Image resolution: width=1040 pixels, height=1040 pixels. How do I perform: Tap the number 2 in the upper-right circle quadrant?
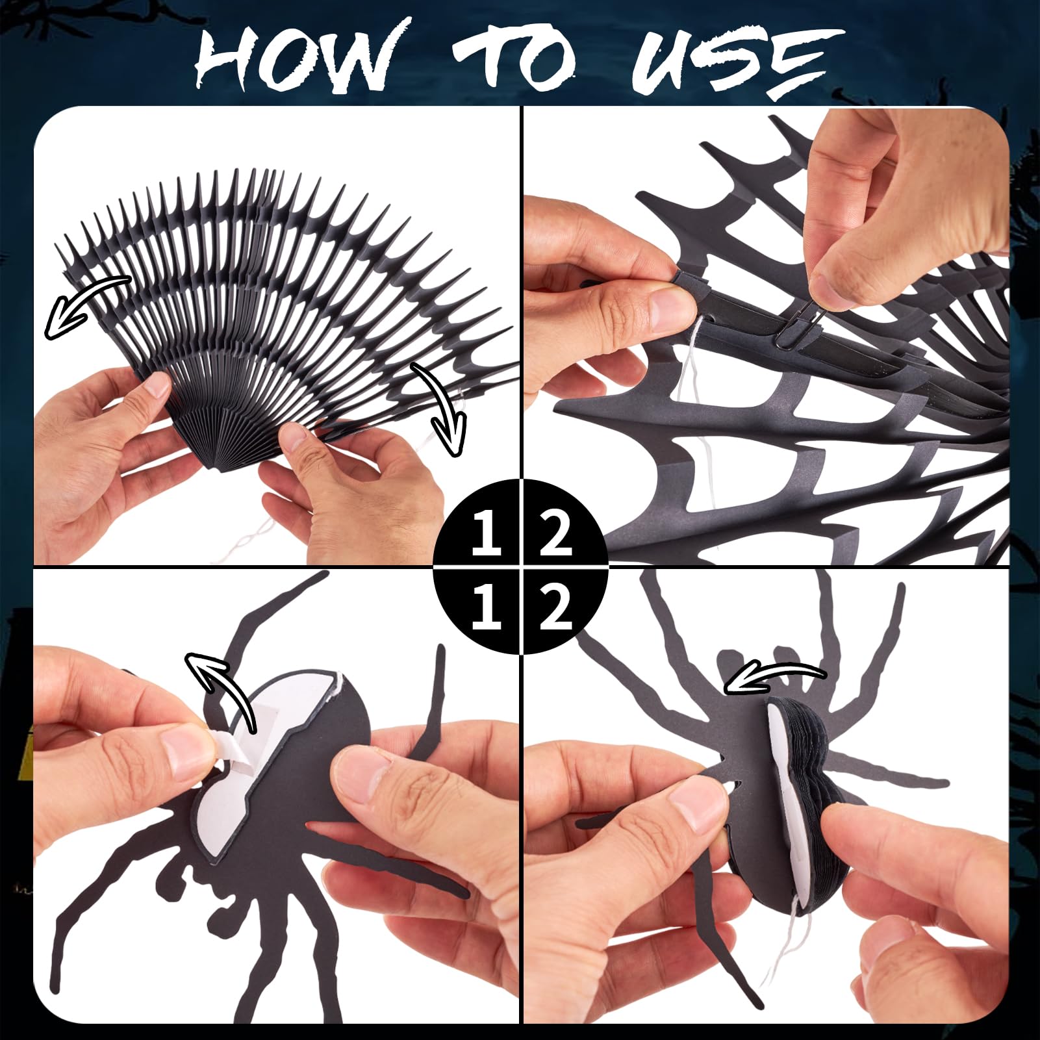click(556, 533)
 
